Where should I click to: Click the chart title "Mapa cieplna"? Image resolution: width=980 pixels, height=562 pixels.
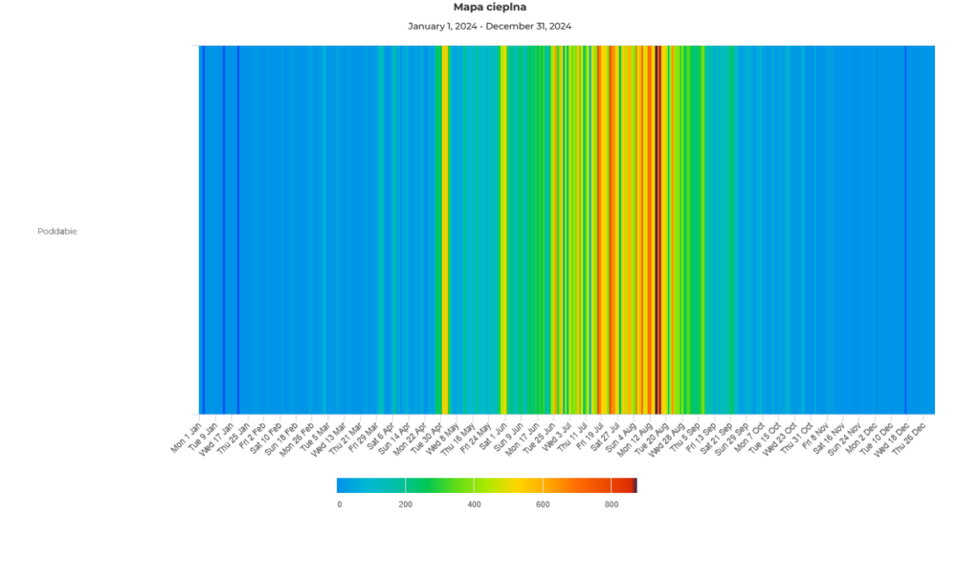click(x=489, y=8)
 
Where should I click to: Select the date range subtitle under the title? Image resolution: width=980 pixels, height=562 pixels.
click(x=489, y=26)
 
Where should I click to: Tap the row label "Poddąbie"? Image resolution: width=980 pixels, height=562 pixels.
click(x=57, y=231)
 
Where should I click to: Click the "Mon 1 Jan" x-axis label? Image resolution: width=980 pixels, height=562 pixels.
click(x=188, y=432)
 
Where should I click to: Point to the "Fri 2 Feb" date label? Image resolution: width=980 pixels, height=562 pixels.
click(x=254, y=432)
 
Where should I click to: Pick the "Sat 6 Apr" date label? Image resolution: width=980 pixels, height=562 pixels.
click(x=381, y=432)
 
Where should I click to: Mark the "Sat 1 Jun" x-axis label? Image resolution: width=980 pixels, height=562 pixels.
click(x=493, y=432)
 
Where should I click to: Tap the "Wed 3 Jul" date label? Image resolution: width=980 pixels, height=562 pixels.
click(x=557, y=432)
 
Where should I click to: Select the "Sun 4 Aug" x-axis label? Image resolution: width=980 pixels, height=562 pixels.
click(x=621, y=432)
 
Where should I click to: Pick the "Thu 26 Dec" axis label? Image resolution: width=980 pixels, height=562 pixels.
click(x=910, y=434)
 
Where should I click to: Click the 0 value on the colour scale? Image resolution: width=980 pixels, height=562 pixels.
click(x=339, y=505)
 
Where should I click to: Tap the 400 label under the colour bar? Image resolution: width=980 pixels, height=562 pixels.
click(x=474, y=505)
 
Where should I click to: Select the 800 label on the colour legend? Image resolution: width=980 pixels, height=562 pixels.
click(x=611, y=505)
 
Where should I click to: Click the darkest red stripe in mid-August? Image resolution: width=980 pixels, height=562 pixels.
click(x=657, y=230)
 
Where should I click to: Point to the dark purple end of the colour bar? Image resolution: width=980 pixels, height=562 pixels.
click(x=635, y=485)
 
